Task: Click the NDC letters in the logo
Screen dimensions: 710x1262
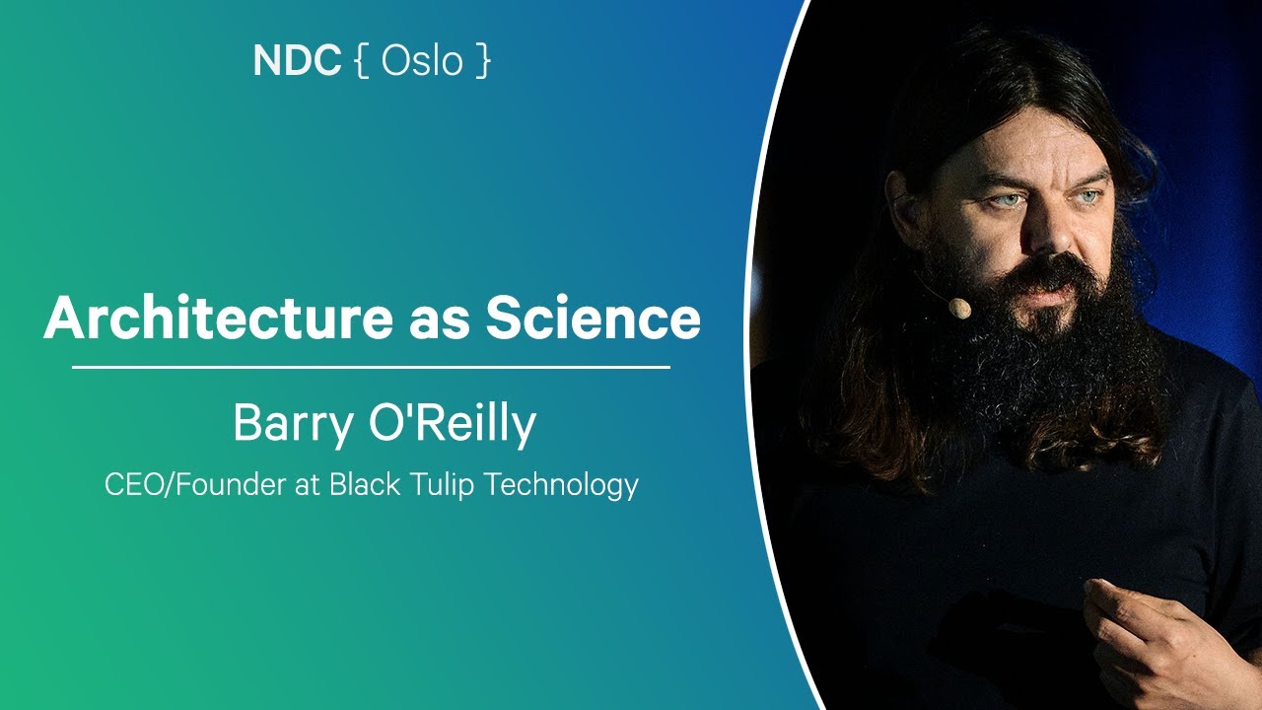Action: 297,61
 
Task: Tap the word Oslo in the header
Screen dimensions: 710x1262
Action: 422,61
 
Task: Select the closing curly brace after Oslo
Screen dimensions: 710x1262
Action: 481,62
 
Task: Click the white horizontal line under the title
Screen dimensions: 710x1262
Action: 371,367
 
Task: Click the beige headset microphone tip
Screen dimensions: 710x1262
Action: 959,309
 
